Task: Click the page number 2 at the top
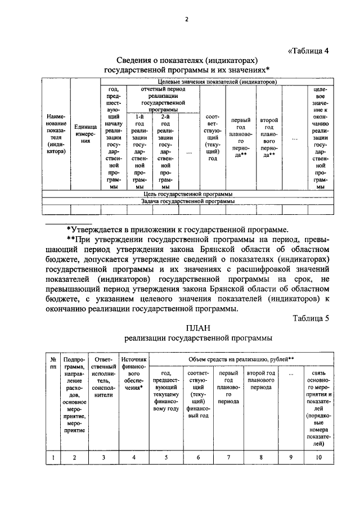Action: tap(186, 21)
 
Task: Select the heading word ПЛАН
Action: tap(197, 328)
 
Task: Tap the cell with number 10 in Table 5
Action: tap(318, 457)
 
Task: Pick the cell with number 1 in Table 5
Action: tap(52, 457)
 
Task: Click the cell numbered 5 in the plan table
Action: tap(166, 457)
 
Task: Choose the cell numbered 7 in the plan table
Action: tap(228, 457)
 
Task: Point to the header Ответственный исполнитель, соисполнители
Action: tap(104, 377)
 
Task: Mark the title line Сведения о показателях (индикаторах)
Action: tap(187, 59)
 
